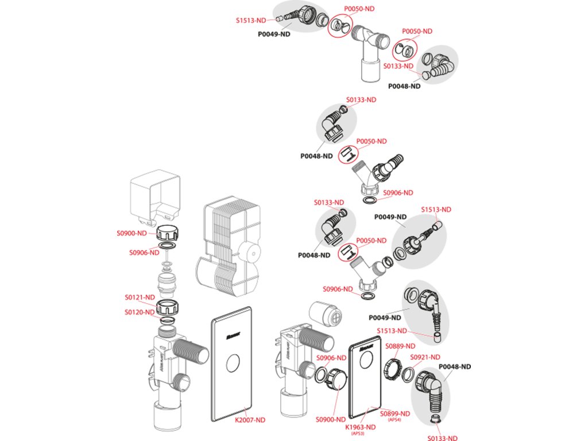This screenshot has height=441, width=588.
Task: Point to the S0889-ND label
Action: click(400, 346)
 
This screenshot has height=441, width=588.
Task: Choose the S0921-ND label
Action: click(425, 357)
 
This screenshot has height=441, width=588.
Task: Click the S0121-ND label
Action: click(140, 297)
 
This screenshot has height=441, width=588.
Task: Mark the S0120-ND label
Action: click(140, 312)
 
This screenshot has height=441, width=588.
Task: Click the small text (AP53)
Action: click(359, 434)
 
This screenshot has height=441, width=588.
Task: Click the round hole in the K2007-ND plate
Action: click(234, 363)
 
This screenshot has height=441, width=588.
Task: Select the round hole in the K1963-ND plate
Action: click(362, 362)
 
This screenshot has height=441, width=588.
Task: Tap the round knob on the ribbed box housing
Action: click(250, 252)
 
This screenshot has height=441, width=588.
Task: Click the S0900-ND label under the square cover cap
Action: click(131, 233)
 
